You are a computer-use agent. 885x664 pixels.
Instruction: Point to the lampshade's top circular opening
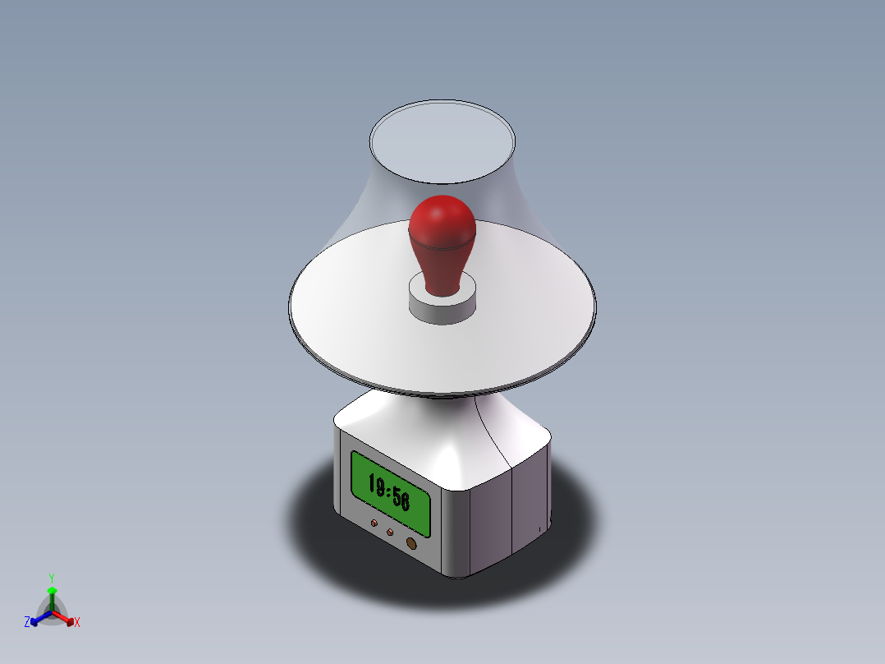[x=442, y=142]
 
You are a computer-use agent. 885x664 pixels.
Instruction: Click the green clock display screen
[x=391, y=493]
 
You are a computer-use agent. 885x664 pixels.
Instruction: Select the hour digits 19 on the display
[x=377, y=485]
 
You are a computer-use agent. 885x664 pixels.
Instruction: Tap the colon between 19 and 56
[x=389, y=491]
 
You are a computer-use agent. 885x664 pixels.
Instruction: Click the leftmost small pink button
[x=374, y=523]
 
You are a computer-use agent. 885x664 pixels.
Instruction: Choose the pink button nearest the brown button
[x=390, y=532]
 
